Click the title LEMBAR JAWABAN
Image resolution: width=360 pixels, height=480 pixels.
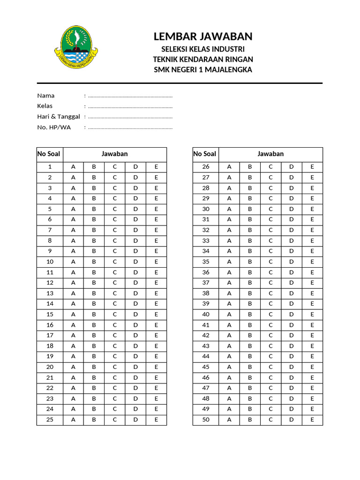[203, 37]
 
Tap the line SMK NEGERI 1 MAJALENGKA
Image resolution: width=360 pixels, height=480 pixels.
[203, 70]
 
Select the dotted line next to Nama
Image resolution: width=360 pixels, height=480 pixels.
[130, 96]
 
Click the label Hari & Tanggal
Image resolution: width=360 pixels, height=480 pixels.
[59, 117]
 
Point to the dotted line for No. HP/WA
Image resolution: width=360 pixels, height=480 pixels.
[130, 127]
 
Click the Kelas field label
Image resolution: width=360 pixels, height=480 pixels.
[45, 106]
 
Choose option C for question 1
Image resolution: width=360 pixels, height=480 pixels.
[114, 167]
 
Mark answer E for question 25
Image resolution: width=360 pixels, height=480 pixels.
[156, 420]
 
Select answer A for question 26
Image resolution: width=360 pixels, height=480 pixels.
[229, 167]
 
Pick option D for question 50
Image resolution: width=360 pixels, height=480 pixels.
[291, 420]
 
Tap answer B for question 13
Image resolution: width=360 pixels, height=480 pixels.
[94, 293]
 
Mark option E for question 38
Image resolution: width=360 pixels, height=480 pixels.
[312, 293]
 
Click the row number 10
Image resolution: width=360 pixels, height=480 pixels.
[50, 262]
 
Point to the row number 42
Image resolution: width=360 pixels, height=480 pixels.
[206, 336]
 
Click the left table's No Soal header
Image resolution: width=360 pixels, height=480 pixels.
[50, 154]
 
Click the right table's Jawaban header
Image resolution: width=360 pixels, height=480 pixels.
[270, 154]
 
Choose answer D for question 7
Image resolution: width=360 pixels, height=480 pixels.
[135, 230]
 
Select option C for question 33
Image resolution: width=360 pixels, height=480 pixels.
[270, 241]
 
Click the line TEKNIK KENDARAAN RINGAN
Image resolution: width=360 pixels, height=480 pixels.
[203, 60]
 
